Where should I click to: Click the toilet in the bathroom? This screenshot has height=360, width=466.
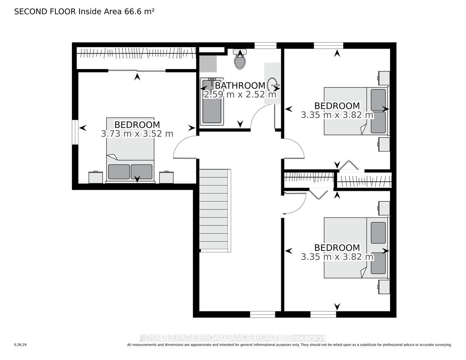point(240,59)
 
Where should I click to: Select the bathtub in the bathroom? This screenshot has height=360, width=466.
point(212,102)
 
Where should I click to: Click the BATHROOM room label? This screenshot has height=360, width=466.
point(240,86)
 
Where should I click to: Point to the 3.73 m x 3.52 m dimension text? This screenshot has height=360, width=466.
point(137,134)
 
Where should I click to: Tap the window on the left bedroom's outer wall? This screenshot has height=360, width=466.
point(75,132)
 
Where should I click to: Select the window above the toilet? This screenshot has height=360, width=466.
point(265,46)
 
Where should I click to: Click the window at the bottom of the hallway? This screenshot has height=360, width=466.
point(263,314)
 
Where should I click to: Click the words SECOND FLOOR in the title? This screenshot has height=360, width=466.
point(45,12)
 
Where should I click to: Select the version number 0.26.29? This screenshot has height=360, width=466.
point(21,345)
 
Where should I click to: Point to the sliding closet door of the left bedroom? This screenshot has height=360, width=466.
point(137,70)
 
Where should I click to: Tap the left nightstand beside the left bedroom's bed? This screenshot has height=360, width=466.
point(96,177)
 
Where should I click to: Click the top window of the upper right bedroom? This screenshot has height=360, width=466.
point(328,46)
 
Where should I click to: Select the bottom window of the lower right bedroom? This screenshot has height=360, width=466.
point(323,314)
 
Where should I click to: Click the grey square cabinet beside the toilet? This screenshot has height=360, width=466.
point(208,64)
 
